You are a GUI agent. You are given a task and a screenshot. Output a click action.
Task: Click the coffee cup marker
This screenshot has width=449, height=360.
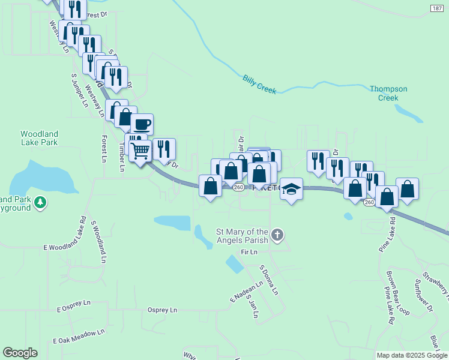142,124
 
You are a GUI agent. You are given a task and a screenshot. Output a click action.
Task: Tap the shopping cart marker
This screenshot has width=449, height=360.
140,151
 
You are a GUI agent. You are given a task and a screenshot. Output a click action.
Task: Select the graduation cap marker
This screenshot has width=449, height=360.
291,189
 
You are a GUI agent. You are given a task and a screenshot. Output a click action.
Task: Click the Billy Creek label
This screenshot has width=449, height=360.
259,84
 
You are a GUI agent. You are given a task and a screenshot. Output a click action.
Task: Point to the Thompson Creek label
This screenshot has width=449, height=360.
388,93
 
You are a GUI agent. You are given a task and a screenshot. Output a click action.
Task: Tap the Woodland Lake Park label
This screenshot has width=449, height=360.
39,138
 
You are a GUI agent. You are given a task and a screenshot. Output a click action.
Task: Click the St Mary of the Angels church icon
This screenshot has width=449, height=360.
277,235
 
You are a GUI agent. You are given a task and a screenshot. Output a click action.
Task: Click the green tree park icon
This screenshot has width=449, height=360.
40,203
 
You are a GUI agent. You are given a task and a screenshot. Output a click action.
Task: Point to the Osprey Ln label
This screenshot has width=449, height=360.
163,310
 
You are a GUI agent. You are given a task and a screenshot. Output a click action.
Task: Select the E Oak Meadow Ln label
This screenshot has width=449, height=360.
79,336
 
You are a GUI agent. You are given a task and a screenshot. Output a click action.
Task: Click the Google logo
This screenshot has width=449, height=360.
20,353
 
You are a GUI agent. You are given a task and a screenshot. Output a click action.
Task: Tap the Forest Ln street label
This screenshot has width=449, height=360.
104,148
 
